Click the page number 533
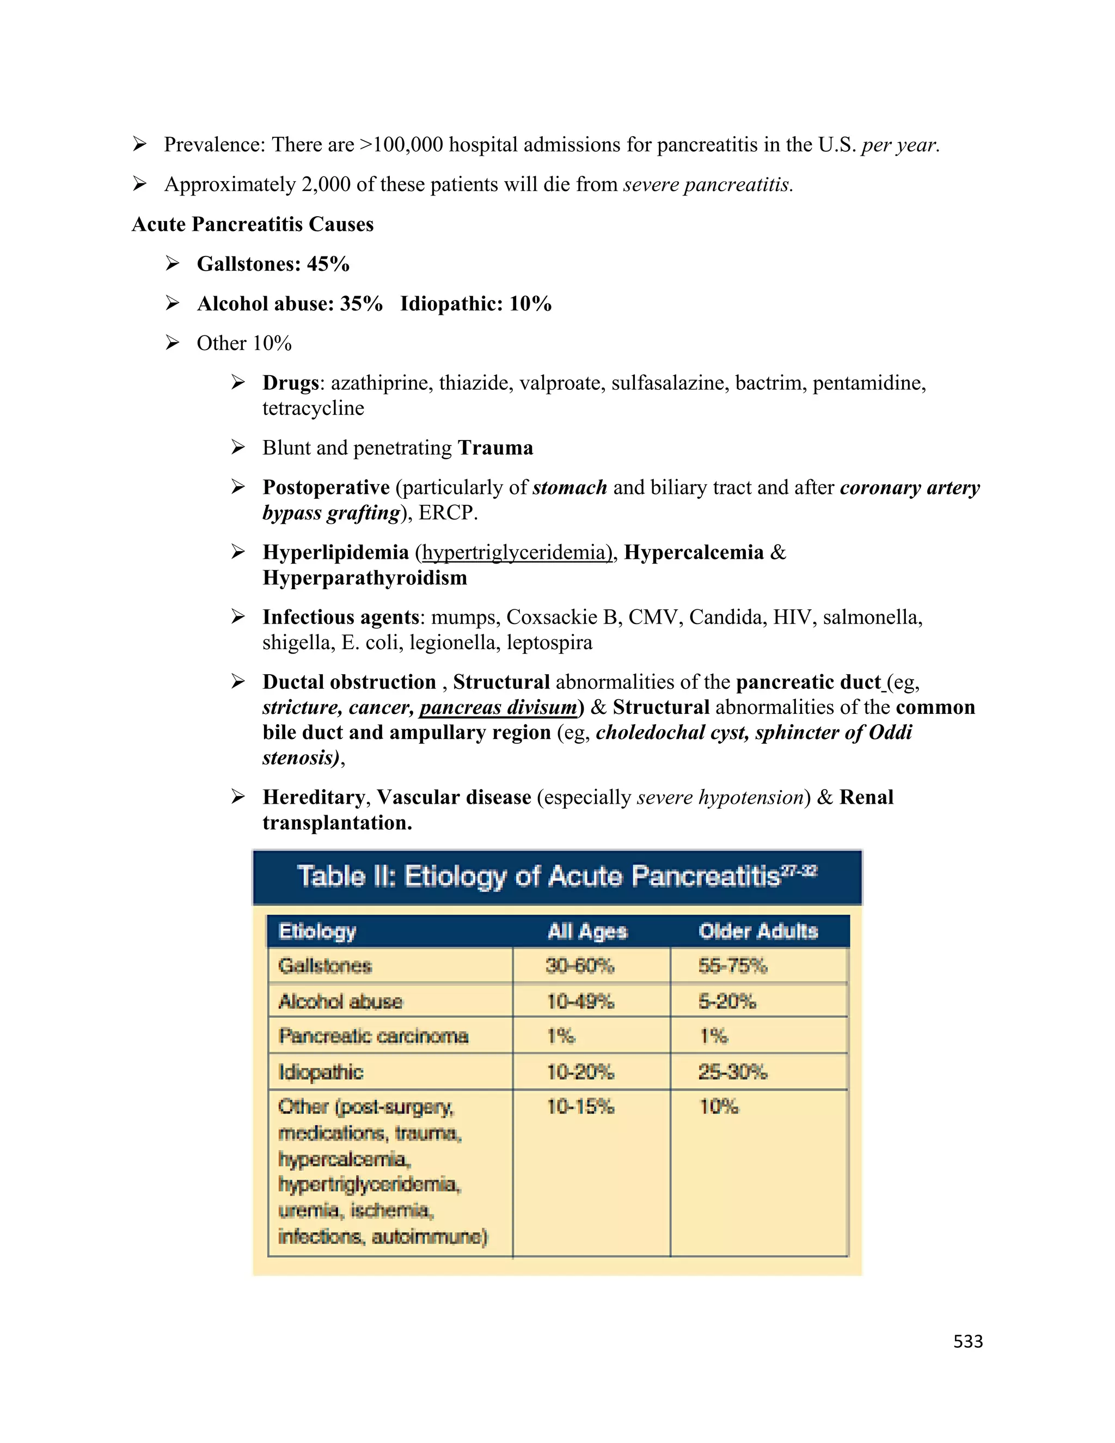point(967,1341)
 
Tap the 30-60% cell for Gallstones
point(580,966)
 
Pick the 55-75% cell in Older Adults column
point(733,966)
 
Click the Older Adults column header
point(758,931)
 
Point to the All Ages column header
point(587,931)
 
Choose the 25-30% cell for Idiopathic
point(733,1071)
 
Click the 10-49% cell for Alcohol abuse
point(580,1001)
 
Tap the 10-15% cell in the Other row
point(580,1106)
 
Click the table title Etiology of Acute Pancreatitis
point(557,876)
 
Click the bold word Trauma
point(495,448)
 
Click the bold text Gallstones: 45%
point(273,264)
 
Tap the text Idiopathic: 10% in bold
point(476,303)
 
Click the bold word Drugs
point(291,383)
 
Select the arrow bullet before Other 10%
point(173,343)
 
